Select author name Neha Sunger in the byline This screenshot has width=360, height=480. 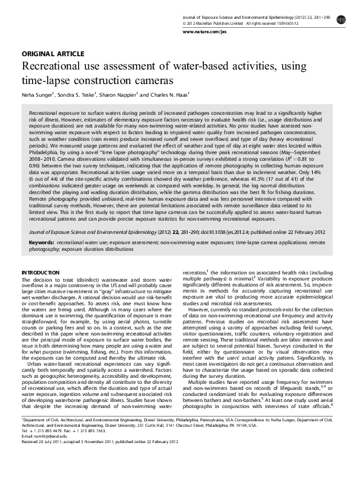click(39, 95)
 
